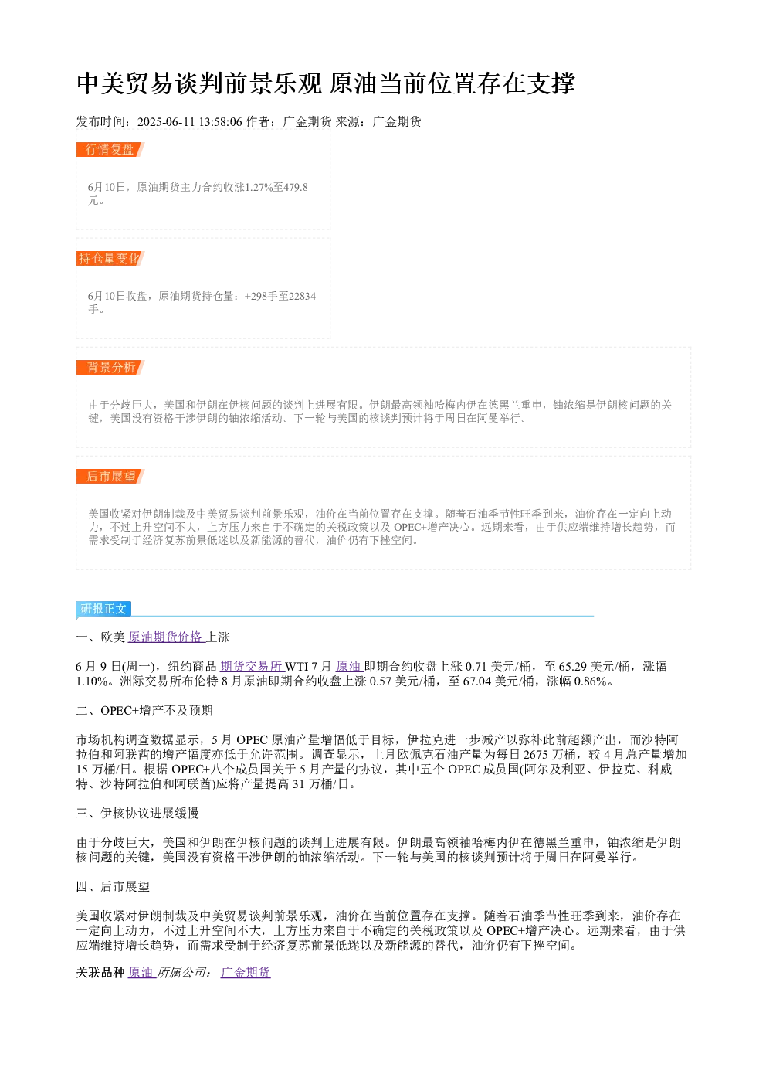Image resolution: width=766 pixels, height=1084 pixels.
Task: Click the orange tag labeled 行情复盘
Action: [110, 150]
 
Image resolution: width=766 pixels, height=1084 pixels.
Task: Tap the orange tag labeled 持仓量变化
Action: [110, 258]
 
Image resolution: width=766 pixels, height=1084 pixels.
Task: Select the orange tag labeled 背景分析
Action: [110, 367]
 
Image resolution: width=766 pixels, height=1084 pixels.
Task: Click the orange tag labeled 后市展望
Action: [110, 476]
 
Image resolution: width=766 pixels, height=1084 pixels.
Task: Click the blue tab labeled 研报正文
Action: [103, 609]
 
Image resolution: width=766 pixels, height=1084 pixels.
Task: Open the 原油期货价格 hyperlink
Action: [167, 637]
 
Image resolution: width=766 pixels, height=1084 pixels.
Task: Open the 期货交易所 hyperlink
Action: [252, 666]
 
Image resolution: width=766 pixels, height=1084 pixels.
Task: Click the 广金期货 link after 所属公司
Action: [246, 972]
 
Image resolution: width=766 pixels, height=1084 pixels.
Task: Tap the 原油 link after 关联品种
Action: [141, 972]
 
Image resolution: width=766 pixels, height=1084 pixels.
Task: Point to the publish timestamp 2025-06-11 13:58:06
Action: [189, 122]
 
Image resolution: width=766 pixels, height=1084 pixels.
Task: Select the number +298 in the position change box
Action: [256, 296]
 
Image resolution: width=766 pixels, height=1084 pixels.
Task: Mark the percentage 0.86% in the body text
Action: [591, 681]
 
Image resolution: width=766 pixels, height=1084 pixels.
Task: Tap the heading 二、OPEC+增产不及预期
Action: [144, 710]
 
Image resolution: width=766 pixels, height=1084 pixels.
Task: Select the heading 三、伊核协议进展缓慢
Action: [137, 813]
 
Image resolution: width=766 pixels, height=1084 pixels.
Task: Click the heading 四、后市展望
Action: [113, 886]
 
